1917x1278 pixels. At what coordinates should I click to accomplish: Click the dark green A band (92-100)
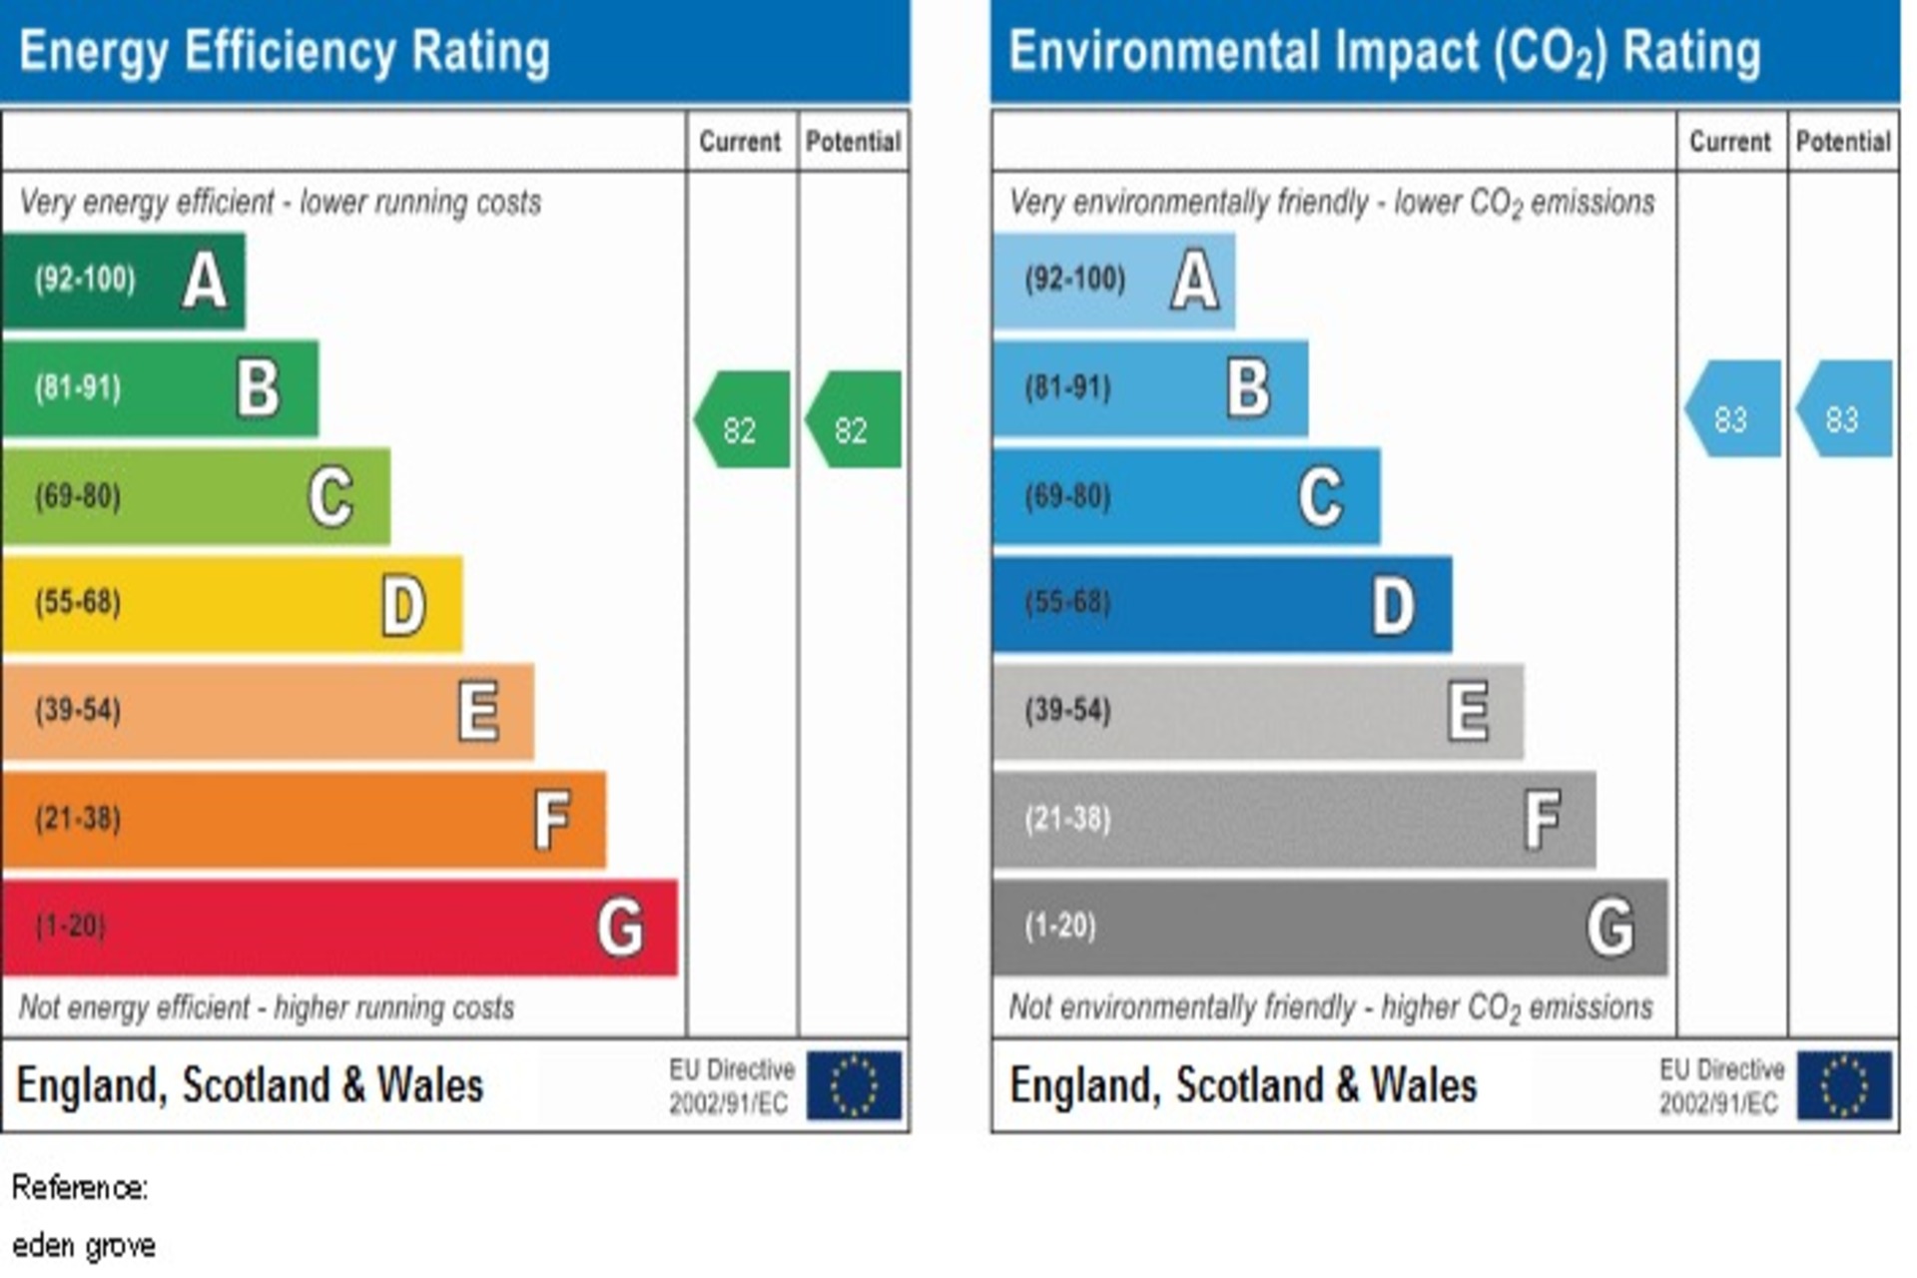[x=123, y=281]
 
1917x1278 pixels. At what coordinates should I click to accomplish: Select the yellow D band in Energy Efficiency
[x=232, y=604]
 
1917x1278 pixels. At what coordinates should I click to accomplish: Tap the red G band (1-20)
[x=339, y=927]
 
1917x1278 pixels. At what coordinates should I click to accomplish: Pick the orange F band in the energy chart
[x=304, y=819]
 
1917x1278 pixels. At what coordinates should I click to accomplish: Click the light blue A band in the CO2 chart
[x=1113, y=281]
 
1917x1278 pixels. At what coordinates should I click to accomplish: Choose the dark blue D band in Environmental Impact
[x=1222, y=604]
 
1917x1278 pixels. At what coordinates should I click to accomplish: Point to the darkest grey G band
[x=1330, y=927]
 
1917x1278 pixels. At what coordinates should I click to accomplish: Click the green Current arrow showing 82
[x=743, y=420]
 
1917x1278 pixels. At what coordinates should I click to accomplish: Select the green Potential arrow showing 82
[x=854, y=420]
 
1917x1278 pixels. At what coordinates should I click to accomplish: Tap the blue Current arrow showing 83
[x=1733, y=409]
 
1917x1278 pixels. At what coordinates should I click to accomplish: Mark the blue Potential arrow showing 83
[x=1845, y=409]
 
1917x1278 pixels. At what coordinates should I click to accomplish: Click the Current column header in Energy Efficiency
[x=740, y=142]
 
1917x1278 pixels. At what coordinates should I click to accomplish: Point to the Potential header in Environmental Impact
[x=1843, y=142]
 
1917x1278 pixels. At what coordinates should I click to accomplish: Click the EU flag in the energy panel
[x=854, y=1085]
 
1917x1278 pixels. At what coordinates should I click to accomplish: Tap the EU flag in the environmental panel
[x=1844, y=1085]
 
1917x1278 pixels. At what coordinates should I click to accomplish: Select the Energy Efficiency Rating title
[x=285, y=52]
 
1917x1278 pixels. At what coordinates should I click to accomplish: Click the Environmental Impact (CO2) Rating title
[x=1385, y=52]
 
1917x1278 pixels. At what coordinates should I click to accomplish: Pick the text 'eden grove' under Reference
[x=84, y=1246]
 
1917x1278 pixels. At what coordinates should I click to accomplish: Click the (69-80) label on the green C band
[x=78, y=496]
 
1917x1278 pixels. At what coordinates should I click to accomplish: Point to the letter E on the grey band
[x=1469, y=711]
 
